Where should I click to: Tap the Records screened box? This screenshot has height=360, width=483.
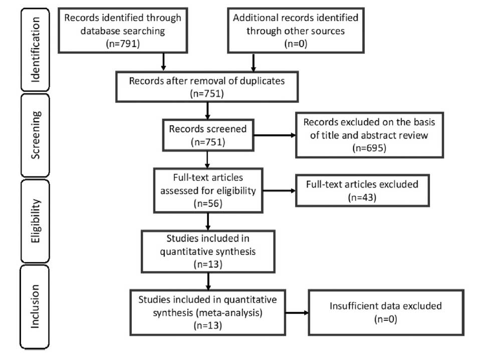207,135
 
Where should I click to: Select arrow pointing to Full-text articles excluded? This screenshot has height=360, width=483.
279,190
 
